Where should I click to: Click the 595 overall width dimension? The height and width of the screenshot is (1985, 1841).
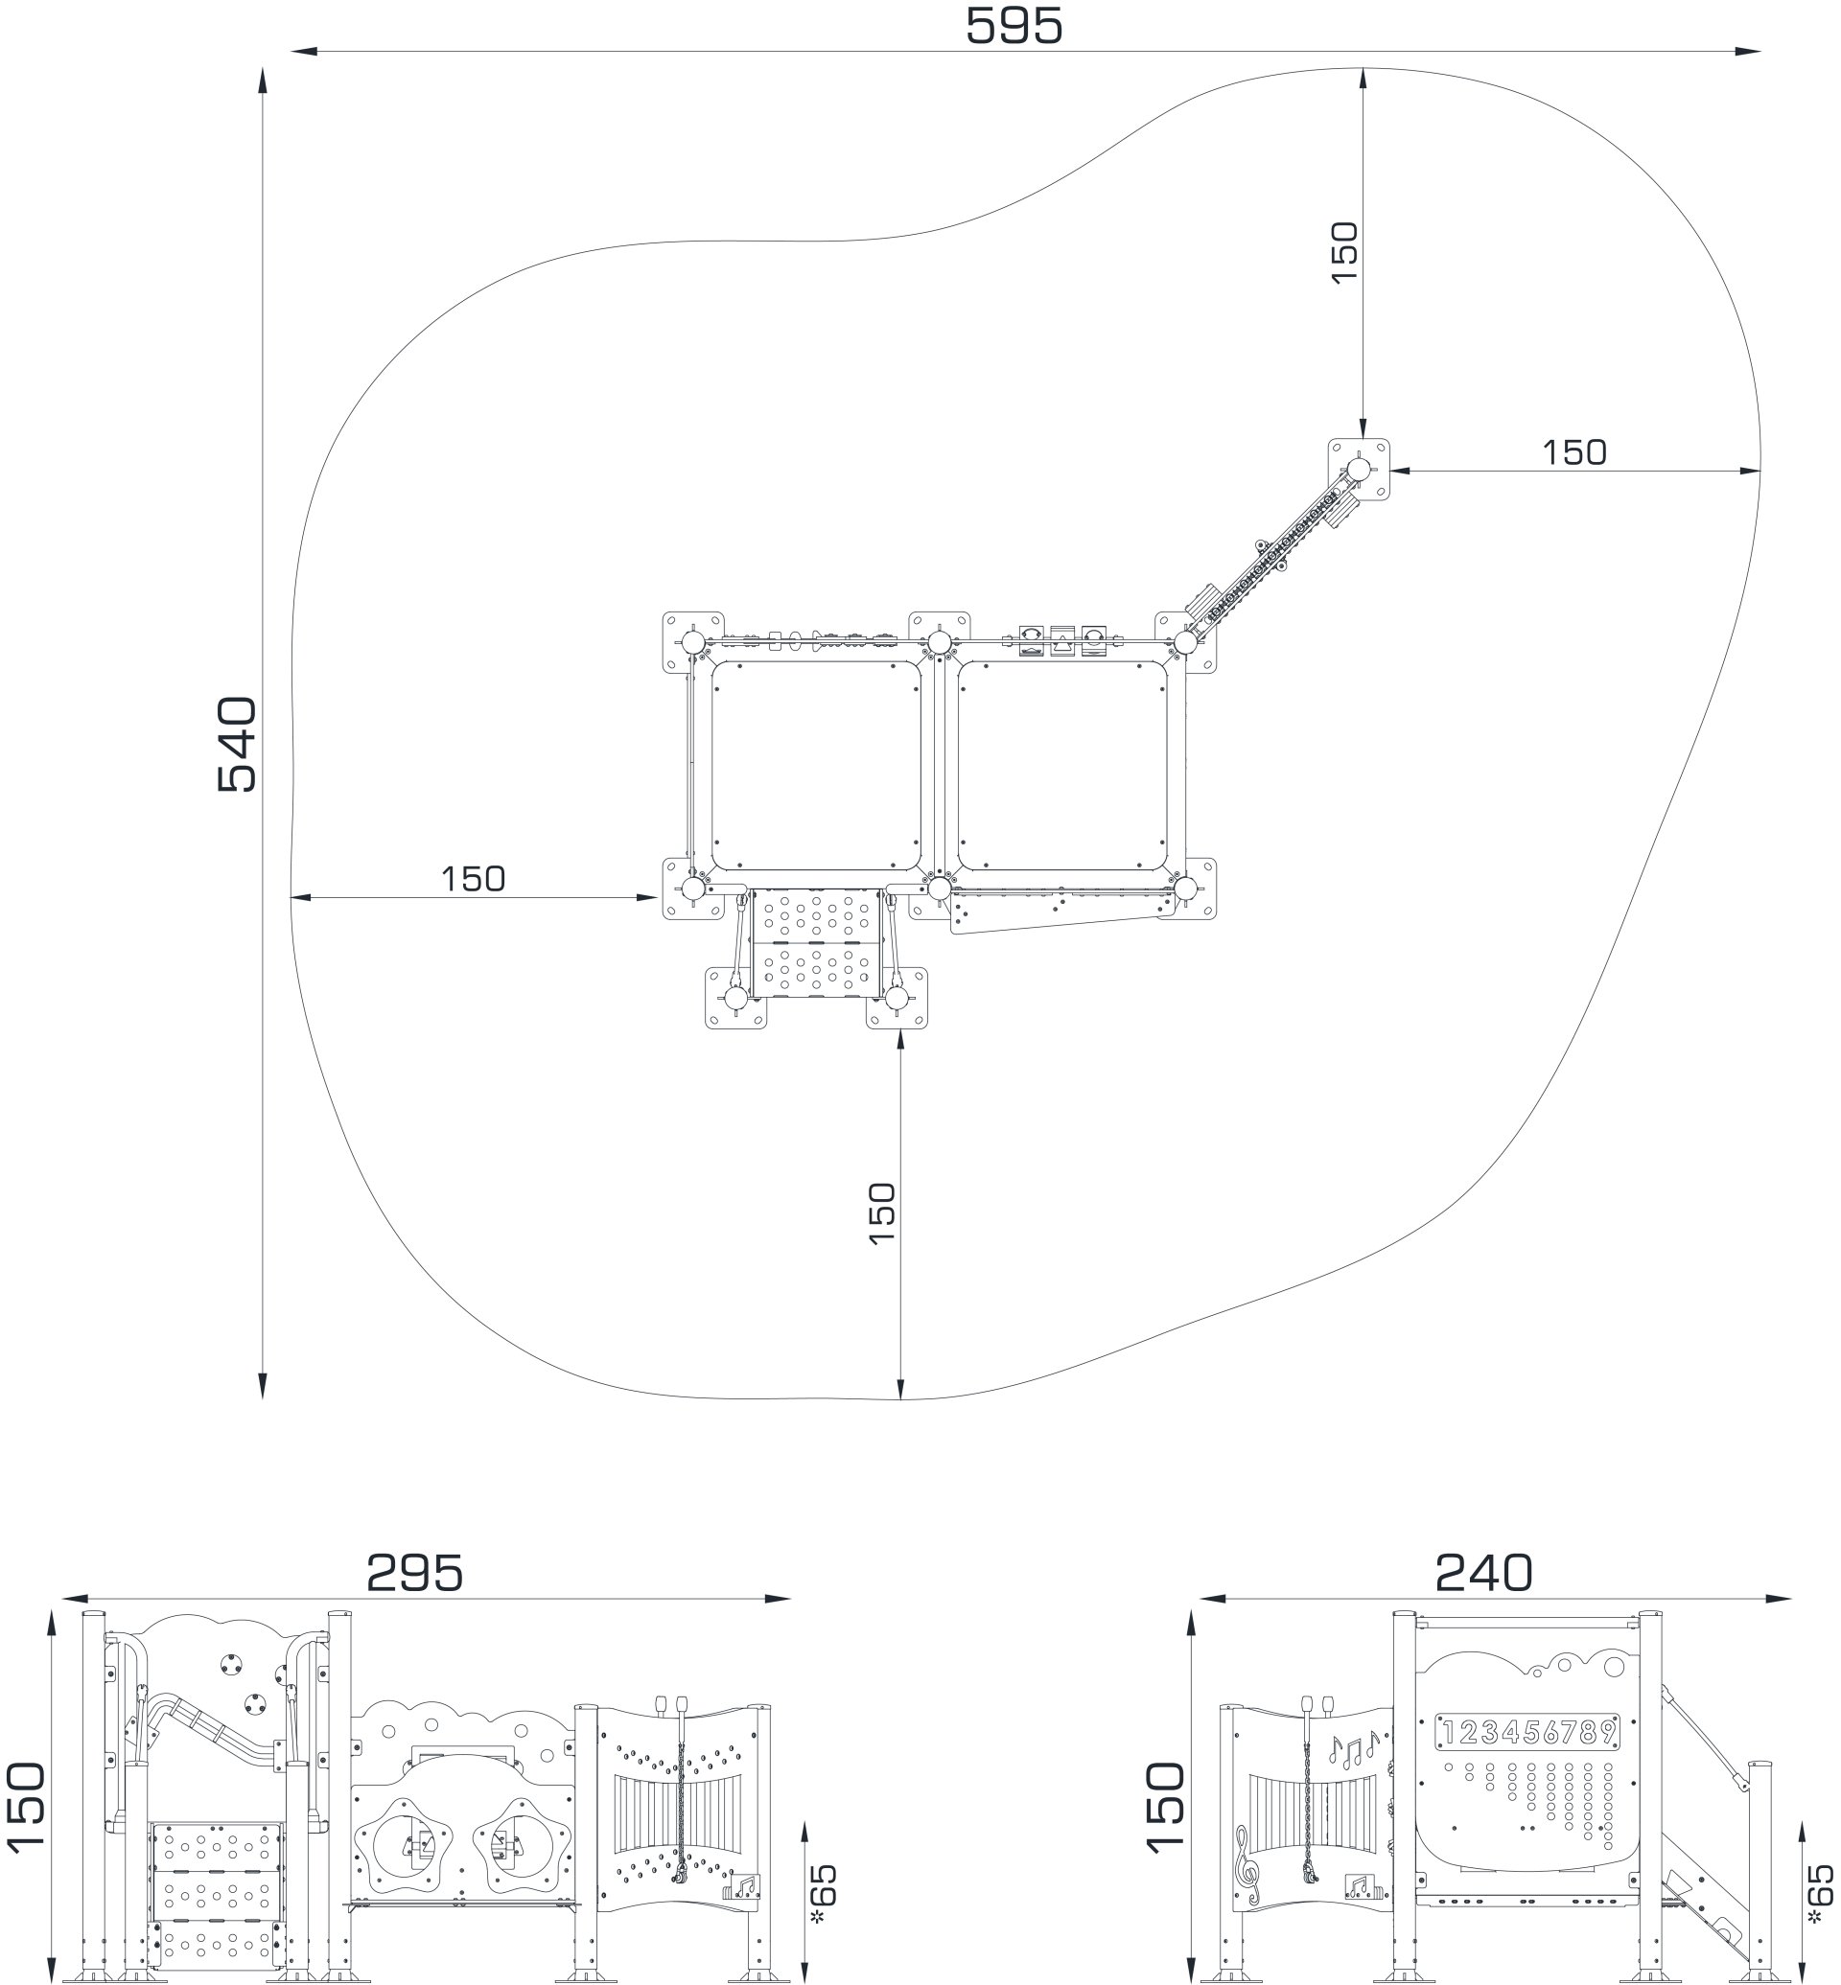point(1014,26)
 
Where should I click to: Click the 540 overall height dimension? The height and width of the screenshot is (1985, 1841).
point(237,744)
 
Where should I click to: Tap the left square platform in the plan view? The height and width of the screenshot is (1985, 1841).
point(816,765)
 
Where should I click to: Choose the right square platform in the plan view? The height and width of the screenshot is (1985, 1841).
point(1062,765)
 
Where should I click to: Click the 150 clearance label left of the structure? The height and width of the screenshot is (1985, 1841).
point(474,879)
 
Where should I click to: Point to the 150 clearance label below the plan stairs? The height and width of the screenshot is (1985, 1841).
point(881,1212)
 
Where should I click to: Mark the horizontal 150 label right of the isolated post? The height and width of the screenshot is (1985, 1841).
point(1574,452)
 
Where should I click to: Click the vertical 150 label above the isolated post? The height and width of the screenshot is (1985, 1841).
point(1344,253)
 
